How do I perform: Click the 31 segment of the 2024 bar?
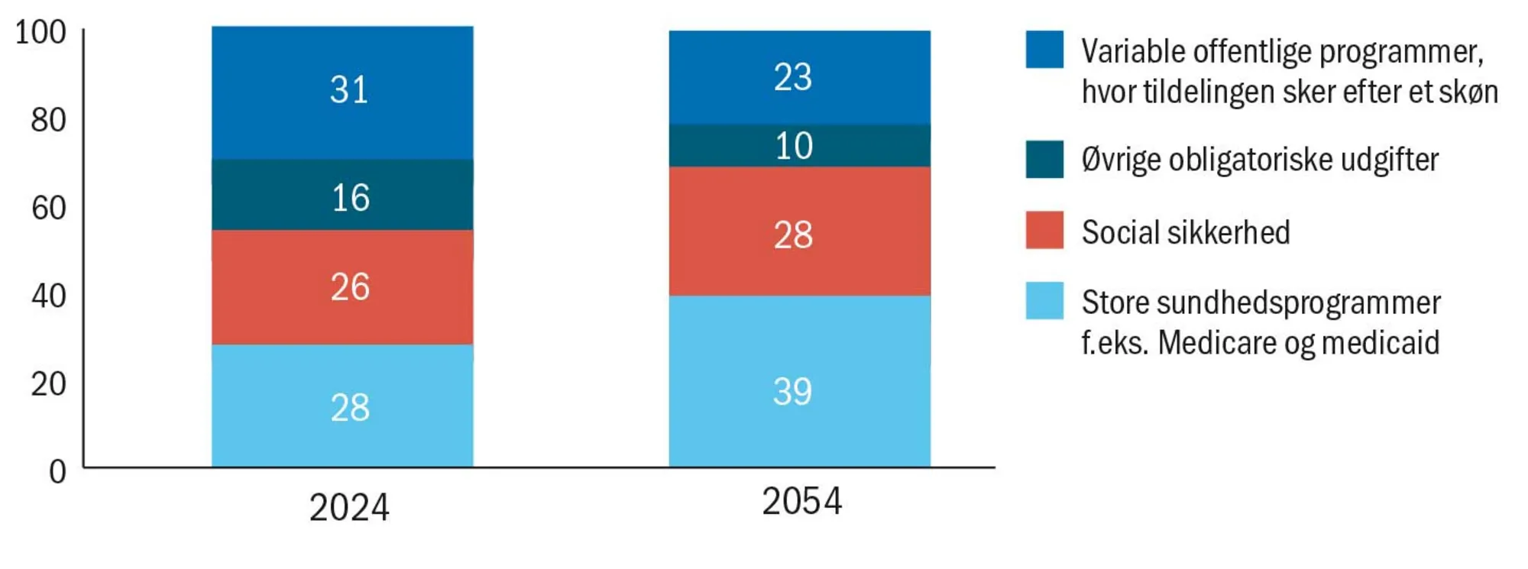click(342, 92)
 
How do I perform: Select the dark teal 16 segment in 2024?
click(342, 196)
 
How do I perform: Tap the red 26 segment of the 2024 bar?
click(342, 287)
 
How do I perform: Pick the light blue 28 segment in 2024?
click(342, 406)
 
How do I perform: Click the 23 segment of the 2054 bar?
click(799, 76)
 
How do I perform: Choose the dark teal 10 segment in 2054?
click(799, 145)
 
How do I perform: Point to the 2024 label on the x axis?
click(349, 508)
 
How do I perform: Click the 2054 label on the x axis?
click(801, 502)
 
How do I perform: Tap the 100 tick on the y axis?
click(40, 32)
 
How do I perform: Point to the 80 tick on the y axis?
click(48, 120)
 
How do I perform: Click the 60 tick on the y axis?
click(48, 208)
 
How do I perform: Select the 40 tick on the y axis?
click(48, 296)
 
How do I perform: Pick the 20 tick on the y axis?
click(48, 383)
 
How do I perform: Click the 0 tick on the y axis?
click(57, 471)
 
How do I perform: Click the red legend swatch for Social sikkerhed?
click(1044, 230)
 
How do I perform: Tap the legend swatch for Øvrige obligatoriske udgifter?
click(1044, 159)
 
